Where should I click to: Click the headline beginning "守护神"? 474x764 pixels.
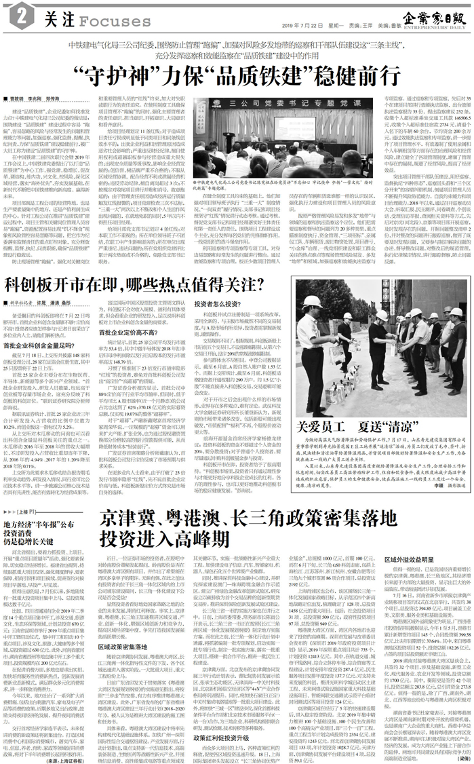[236, 73]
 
